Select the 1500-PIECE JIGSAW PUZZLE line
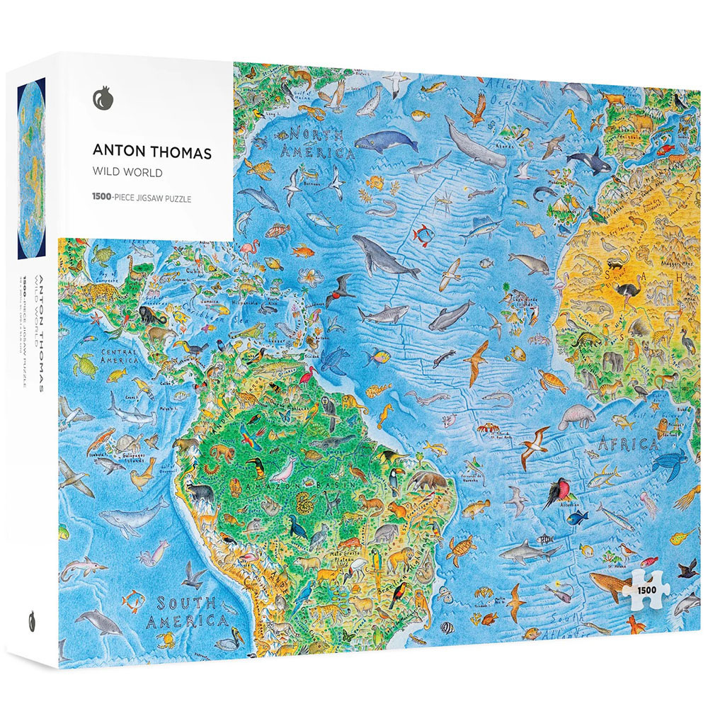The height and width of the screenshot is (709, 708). (142, 198)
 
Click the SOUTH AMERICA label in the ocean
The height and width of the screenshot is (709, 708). (185, 613)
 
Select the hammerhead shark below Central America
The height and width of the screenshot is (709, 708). (130, 410)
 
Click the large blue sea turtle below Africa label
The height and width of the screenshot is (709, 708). (669, 461)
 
